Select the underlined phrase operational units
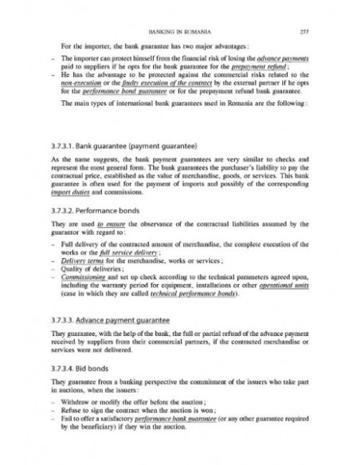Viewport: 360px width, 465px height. (283, 287)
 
